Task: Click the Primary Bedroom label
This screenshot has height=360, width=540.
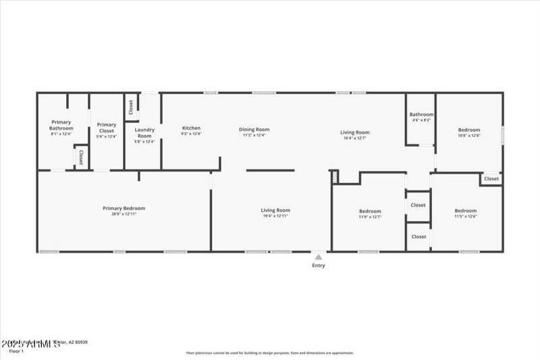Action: point(124,209)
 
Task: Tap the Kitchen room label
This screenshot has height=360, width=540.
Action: point(191,128)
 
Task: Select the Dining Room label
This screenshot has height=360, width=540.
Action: point(254,129)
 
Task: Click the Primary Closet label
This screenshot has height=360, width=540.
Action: point(107,124)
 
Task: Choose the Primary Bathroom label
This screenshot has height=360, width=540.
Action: point(61,124)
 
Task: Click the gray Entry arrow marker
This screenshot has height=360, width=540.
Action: point(318,257)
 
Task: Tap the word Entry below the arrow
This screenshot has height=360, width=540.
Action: point(318,265)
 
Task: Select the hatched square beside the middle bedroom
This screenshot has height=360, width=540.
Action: point(333,176)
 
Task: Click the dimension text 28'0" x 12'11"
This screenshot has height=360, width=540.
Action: point(124,215)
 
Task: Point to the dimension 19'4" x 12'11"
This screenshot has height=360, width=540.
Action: point(275,216)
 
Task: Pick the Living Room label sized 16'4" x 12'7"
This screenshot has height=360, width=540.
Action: point(354,132)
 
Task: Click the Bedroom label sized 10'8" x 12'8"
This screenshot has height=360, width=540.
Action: point(469,130)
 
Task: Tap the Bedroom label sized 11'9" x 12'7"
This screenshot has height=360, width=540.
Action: point(369,211)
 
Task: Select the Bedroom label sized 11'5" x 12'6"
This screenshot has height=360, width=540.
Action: point(465,211)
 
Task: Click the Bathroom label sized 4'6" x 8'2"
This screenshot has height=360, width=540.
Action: point(421,115)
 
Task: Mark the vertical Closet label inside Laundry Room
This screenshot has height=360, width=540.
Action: point(131,107)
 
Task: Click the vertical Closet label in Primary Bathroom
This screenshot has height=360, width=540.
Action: point(81,157)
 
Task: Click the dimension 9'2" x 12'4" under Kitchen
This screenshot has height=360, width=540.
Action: point(191,134)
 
